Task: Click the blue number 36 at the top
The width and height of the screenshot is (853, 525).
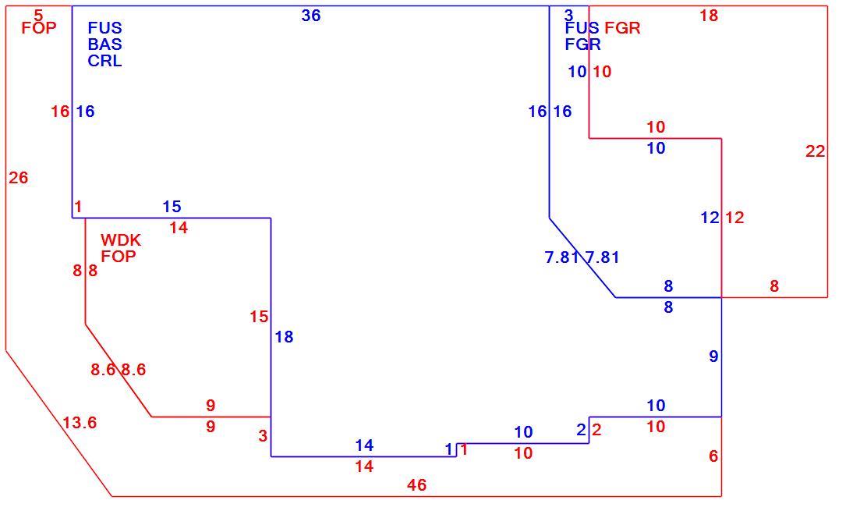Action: pyautogui.click(x=311, y=16)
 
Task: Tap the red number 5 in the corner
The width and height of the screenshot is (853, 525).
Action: pyautogui.click(x=38, y=15)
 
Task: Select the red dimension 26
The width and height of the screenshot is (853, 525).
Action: pyautogui.click(x=19, y=178)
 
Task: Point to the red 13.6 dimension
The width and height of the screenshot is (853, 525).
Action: pyautogui.click(x=80, y=423)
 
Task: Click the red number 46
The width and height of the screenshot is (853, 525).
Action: pyautogui.click(x=416, y=485)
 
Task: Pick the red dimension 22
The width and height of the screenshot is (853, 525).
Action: pyautogui.click(x=816, y=152)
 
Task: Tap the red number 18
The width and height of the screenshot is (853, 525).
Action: pyautogui.click(x=709, y=16)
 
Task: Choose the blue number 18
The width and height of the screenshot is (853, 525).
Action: pyautogui.click(x=284, y=337)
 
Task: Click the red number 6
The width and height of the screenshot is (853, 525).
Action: pyautogui.click(x=713, y=456)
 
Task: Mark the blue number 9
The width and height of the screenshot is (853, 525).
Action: pyautogui.click(x=713, y=357)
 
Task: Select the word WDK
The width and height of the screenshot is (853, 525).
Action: pyautogui.click(x=121, y=240)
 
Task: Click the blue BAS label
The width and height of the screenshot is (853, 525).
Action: pyautogui.click(x=105, y=44)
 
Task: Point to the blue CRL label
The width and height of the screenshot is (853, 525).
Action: pyautogui.click(x=105, y=60)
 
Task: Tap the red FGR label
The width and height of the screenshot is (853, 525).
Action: pyautogui.click(x=622, y=28)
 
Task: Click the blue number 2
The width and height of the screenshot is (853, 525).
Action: pyautogui.click(x=581, y=430)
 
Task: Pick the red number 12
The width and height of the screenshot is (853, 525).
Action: pyautogui.click(x=734, y=218)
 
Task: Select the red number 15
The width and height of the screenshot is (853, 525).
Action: pyautogui.click(x=259, y=317)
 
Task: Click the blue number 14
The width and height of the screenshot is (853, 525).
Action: pyautogui.click(x=364, y=445)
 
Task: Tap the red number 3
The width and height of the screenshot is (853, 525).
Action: pyautogui.click(x=264, y=436)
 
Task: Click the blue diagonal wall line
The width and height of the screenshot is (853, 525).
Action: pyautogui.click(x=582, y=258)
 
